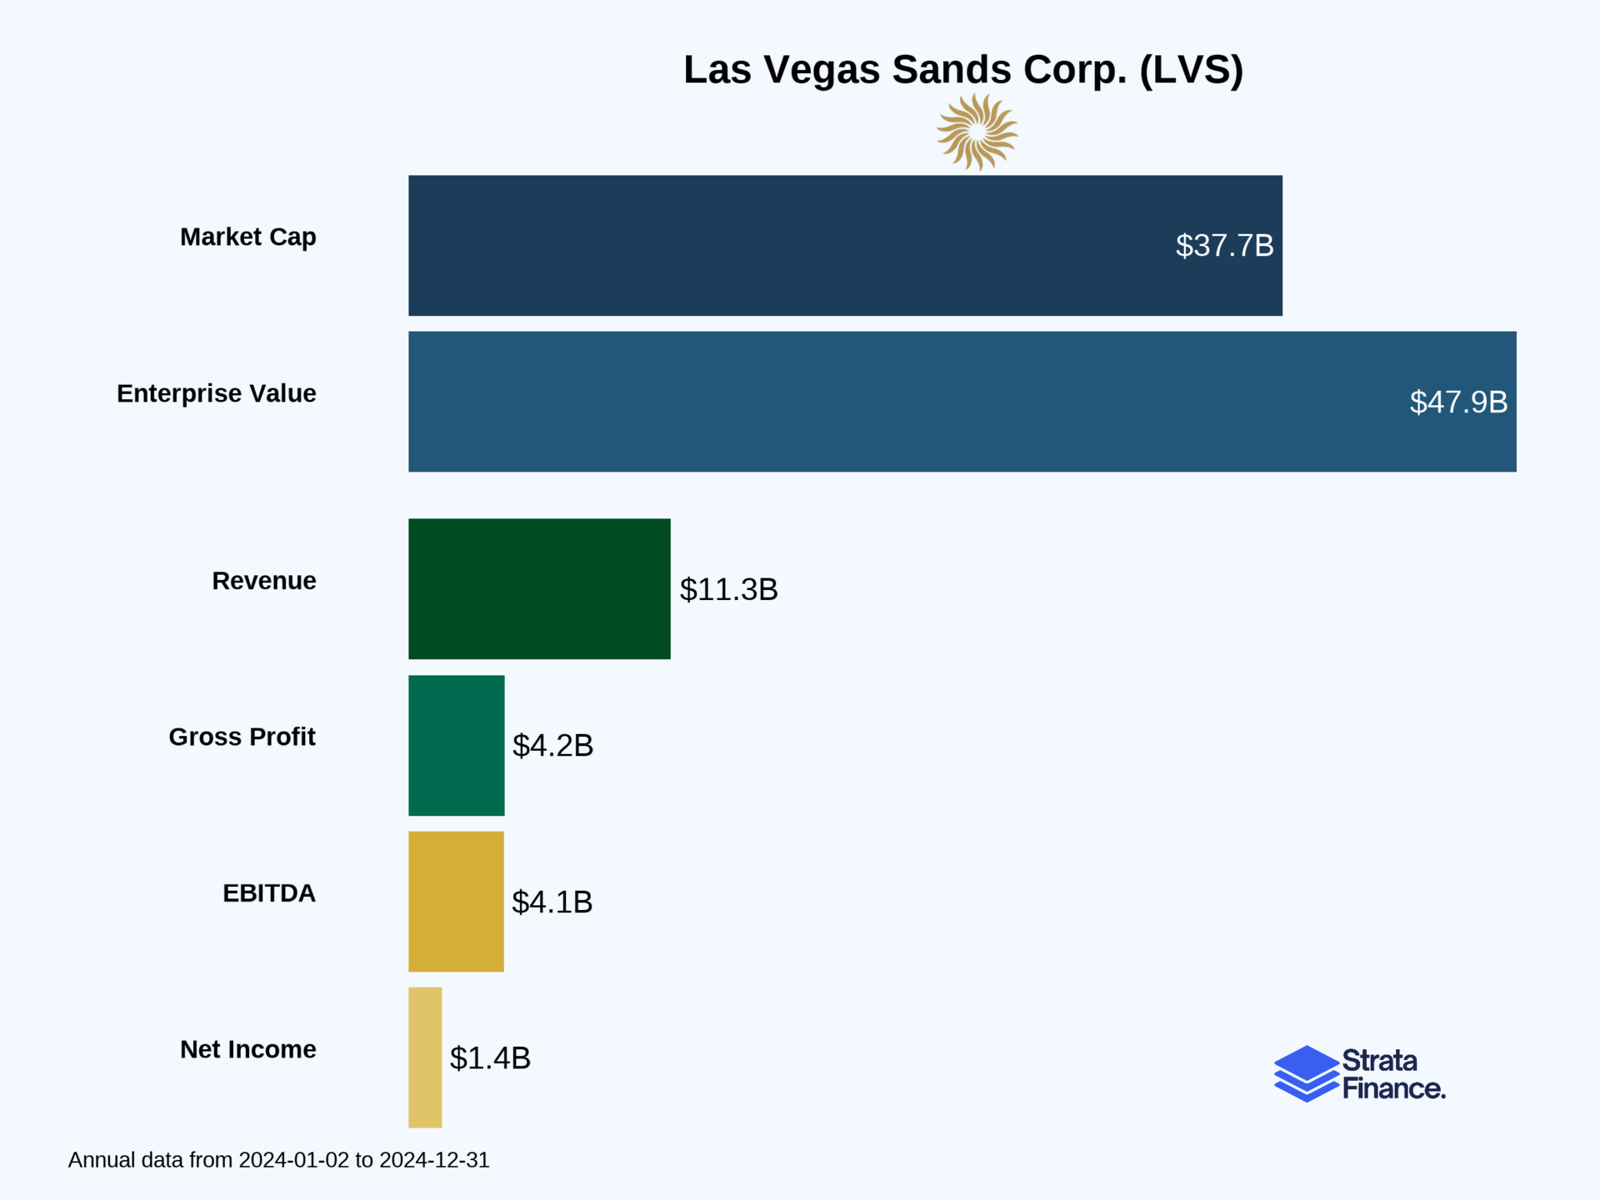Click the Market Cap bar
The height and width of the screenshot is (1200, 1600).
[845, 245]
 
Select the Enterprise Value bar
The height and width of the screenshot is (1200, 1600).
[962, 402]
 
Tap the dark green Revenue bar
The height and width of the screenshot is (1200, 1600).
[539, 589]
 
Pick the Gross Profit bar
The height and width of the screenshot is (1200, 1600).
[456, 745]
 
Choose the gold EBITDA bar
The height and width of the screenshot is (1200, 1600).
[456, 901]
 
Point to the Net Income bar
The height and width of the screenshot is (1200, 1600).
[425, 1057]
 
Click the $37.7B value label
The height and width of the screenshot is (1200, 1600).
[1224, 246]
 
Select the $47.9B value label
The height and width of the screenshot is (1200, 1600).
[1458, 402]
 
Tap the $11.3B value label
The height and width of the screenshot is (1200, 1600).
[728, 590]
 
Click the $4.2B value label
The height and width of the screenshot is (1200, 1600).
[552, 746]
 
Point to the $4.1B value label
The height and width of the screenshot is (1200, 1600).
[552, 902]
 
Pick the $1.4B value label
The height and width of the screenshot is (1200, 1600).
[490, 1058]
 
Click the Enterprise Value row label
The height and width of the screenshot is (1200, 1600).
[217, 393]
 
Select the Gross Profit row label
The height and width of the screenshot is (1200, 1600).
[242, 737]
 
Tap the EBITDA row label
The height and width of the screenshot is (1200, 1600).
[268, 893]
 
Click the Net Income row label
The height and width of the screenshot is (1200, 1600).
[247, 1049]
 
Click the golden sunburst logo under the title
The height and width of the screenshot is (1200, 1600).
[977, 132]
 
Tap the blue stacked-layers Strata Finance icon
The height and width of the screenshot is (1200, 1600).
[1306, 1073]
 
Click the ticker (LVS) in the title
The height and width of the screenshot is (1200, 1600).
[1191, 69]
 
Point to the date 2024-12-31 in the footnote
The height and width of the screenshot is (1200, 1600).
[434, 1160]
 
